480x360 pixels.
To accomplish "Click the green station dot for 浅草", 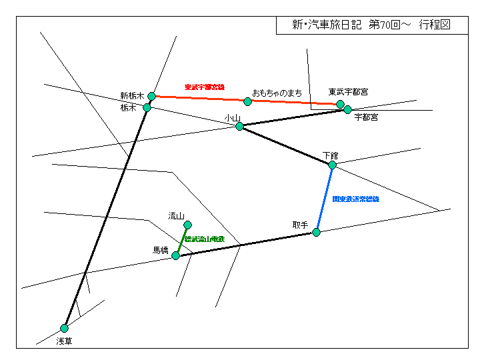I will (x=64, y=328).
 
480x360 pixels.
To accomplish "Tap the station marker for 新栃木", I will (x=151, y=96).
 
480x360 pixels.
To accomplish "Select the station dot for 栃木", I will (x=147, y=107).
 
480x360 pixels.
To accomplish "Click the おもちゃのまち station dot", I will (x=247, y=101).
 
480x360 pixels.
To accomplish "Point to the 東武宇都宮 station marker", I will (x=340, y=104).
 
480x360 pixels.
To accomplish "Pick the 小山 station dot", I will (x=239, y=126).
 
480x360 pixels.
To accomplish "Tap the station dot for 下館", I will (x=332, y=165).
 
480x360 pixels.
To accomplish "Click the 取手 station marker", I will (x=317, y=232).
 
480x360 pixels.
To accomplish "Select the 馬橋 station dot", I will (x=175, y=255).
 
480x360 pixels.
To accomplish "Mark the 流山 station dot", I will (x=187, y=225).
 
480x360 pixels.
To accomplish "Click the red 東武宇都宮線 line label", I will (x=205, y=87).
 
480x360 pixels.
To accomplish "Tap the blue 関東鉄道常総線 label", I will (x=355, y=199).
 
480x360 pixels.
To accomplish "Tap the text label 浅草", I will (x=64, y=341).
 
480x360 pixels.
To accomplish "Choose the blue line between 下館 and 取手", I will (x=325, y=198).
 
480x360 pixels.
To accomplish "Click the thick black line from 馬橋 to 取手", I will (x=246, y=244).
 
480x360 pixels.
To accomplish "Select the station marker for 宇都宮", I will (x=347, y=109).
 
